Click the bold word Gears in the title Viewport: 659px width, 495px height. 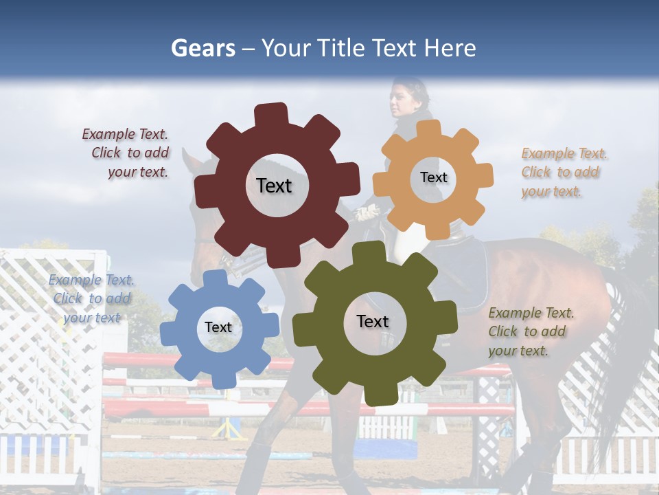pos(203,48)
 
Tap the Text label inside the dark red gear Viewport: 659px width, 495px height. pos(274,186)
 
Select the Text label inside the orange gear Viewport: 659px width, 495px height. pos(433,177)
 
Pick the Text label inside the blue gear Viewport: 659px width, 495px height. pos(218,327)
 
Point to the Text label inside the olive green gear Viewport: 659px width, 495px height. pos(373,321)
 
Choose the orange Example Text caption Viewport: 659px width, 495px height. pos(563,173)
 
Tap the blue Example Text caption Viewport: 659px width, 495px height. pos(91,298)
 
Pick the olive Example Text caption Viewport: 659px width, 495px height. pos(530,331)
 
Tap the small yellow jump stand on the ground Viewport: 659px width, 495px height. pos(229,430)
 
